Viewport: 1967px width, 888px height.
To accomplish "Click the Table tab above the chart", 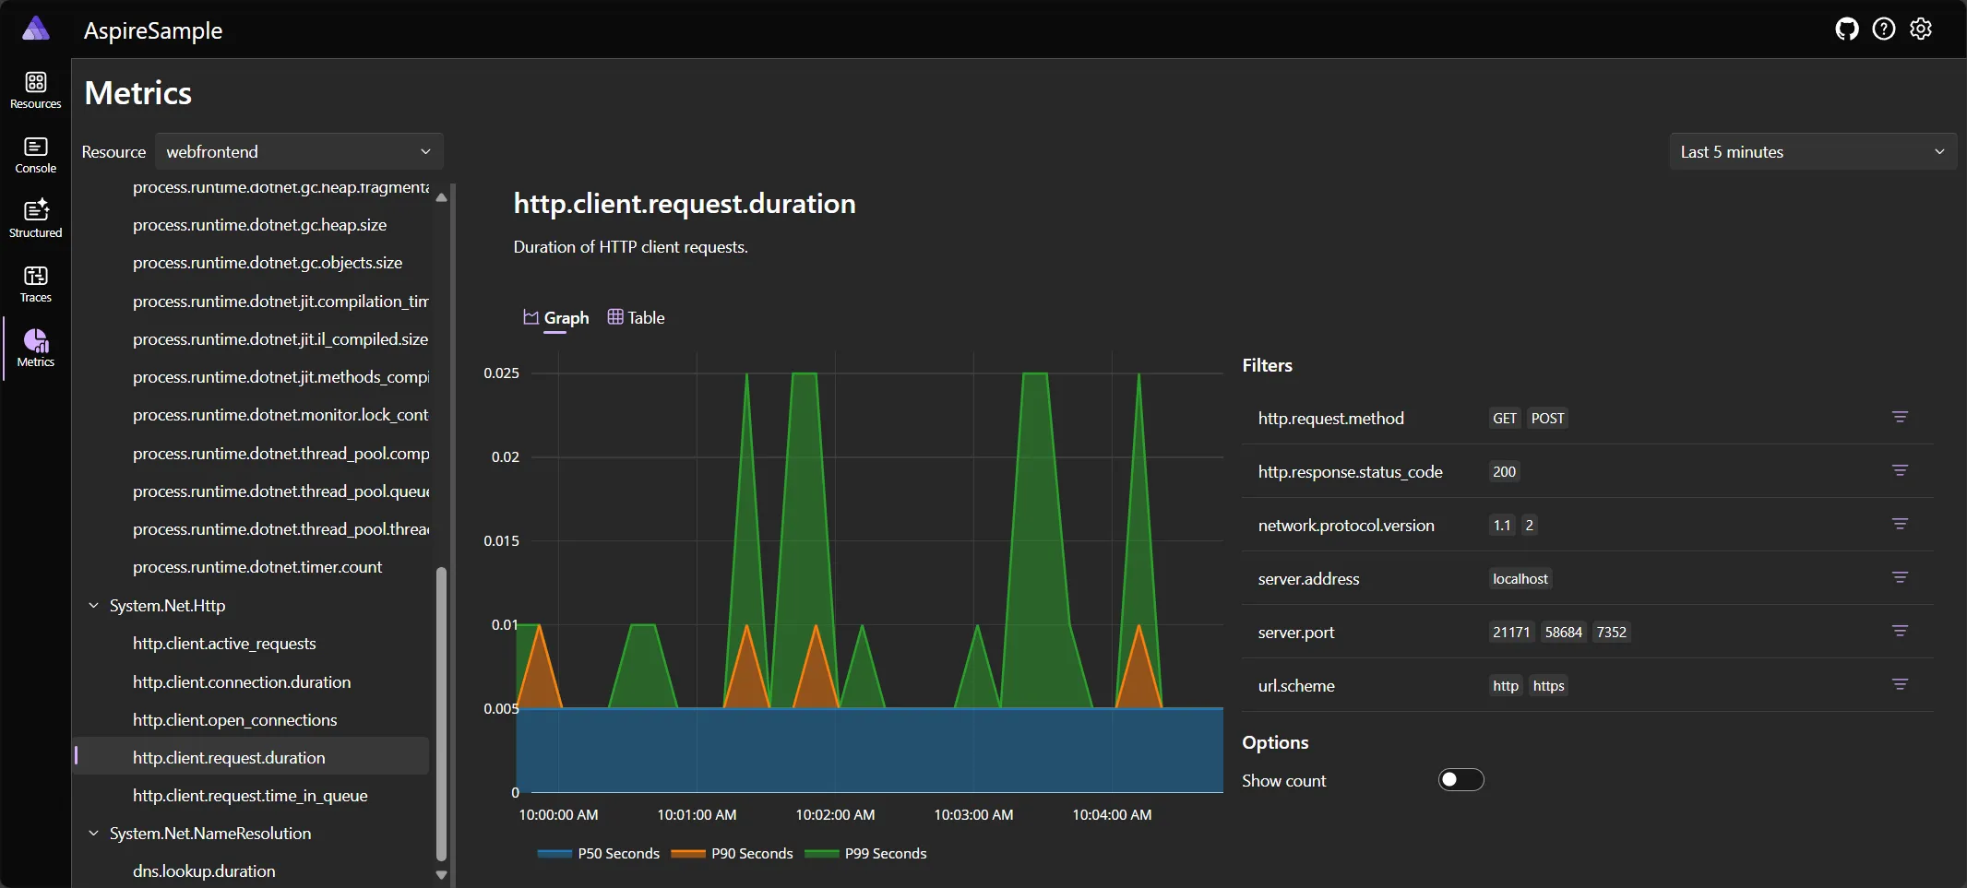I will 637,318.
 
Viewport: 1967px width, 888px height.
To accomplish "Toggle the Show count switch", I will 1460,780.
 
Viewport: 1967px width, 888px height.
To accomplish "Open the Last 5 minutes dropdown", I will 1812,152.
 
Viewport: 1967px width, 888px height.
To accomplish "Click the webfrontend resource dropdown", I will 298,152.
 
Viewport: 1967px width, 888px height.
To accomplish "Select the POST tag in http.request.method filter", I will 1547,419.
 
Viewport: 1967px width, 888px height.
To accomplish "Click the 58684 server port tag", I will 1563,633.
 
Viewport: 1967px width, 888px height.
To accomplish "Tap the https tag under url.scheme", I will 1548,686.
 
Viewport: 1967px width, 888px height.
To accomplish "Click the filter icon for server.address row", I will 1900,578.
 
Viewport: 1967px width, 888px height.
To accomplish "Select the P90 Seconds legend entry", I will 733,854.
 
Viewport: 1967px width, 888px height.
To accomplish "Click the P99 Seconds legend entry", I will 866,854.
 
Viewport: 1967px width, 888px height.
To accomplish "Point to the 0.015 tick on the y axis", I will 501,541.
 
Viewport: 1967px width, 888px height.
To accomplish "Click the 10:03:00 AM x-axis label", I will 973,815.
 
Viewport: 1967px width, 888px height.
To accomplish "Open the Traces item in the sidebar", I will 36,283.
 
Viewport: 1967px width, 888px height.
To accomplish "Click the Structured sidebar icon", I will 36,219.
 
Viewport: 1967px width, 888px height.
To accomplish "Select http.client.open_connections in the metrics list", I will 234,720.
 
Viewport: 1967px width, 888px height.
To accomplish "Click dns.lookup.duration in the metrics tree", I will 204,871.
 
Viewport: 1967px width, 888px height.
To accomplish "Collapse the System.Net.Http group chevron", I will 93,606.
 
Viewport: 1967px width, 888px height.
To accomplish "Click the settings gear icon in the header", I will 1921,30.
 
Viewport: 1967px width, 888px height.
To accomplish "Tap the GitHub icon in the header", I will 1846,30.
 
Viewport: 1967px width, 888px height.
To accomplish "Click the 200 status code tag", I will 1504,472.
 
